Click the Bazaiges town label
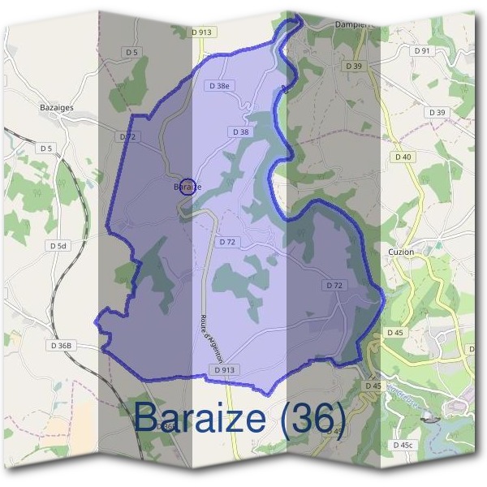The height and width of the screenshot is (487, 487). [x=57, y=106]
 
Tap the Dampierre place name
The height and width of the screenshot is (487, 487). [x=353, y=24]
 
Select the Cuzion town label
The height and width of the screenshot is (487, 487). [x=401, y=252]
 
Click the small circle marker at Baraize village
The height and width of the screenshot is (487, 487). [x=187, y=187]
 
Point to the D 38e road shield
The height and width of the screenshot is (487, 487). [x=220, y=85]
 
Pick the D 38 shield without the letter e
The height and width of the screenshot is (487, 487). [x=240, y=131]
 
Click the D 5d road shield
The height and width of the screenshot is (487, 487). [x=57, y=245]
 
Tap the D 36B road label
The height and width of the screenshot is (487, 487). [x=61, y=346]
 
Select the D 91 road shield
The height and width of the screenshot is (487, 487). [x=421, y=50]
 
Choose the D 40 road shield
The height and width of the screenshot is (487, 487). [x=403, y=157]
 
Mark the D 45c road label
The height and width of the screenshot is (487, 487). [x=403, y=445]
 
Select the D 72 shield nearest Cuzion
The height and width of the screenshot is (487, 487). [x=335, y=285]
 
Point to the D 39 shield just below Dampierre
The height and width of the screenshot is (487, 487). [x=352, y=66]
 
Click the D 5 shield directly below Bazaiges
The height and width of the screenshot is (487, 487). [x=45, y=149]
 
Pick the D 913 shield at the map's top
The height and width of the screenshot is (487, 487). [x=202, y=32]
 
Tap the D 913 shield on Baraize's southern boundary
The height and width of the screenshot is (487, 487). [x=226, y=369]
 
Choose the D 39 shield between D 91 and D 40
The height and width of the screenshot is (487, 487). [x=437, y=112]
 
